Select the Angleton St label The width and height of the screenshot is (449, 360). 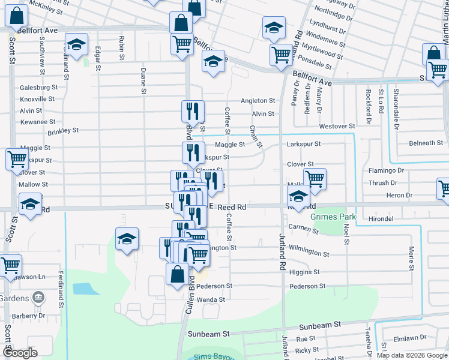(x=258, y=101)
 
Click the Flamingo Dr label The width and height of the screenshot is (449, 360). (x=387, y=170)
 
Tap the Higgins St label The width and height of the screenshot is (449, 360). (x=304, y=272)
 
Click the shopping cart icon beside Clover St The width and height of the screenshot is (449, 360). (x=314, y=178)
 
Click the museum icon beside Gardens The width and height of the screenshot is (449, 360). (x=38, y=297)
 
